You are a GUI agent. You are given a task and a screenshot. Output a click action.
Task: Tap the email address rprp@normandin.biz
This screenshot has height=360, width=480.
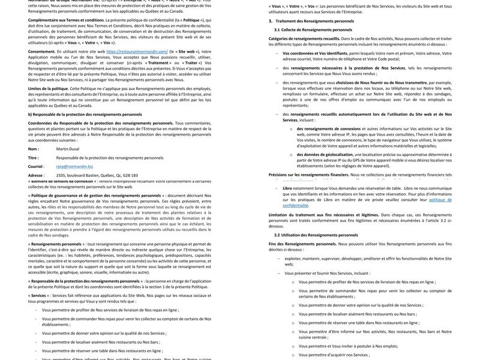pos(74,167)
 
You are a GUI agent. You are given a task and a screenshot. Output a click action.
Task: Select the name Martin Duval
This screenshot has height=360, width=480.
pos(67,149)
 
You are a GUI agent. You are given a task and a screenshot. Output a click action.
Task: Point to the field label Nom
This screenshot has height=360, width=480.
pos(33,149)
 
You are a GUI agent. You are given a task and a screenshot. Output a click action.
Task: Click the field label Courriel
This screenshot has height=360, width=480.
pos(36,167)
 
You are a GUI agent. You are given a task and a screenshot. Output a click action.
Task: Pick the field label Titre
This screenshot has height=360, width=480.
pos(33,158)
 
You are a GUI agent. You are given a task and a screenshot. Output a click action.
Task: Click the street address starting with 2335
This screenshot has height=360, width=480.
pos(97,176)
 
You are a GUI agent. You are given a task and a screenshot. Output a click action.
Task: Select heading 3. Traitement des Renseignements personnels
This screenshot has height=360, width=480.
pos(311,21)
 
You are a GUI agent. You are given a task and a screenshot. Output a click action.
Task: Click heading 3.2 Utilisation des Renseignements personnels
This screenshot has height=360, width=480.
pos(316,235)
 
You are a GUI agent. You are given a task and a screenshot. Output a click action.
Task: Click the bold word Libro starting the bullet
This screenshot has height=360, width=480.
pos(287,188)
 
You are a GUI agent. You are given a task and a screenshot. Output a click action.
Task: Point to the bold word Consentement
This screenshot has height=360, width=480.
pos(41,52)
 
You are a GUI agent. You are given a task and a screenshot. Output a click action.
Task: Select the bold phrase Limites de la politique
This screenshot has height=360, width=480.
pos(48,88)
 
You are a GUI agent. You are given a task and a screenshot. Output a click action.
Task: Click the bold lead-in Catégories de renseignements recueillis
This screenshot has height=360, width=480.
pos(304,38)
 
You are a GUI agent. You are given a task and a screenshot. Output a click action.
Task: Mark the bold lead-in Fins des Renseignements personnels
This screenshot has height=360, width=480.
pos(302,244)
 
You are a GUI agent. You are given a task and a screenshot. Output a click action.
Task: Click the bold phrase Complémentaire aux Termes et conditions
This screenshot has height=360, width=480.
pos(66,20)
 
